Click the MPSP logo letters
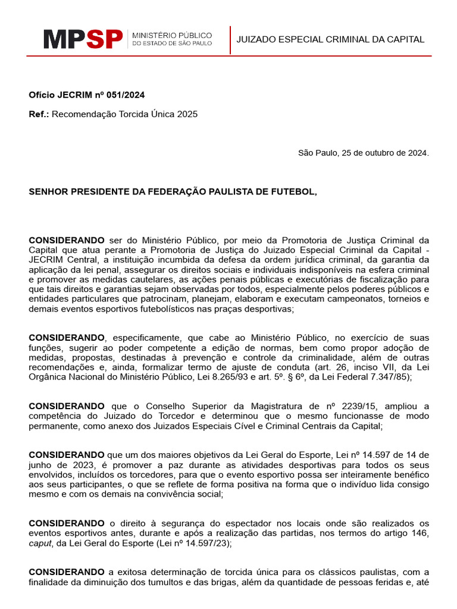(83, 39)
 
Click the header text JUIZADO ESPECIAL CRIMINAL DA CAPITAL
(330, 40)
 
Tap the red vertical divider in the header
(230, 40)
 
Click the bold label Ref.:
(39, 114)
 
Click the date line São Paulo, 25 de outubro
(363, 153)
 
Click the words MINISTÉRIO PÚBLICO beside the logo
(171, 35)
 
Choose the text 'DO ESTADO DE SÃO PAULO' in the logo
(171, 44)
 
